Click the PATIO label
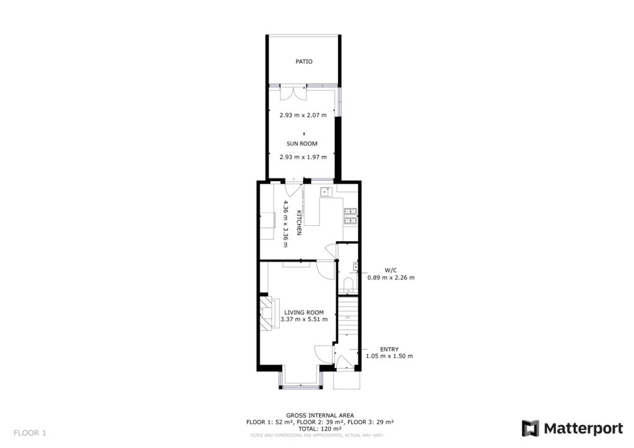coord(303,62)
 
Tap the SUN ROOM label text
coord(302,144)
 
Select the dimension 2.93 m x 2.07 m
coord(302,115)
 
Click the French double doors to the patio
coord(292,93)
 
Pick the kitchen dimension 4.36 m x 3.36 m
coord(285,223)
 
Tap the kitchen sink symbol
coord(324,192)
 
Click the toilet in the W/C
coord(348,285)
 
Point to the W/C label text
coord(391,270)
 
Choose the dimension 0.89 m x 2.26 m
coord(391,278)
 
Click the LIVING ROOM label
coord(303,312)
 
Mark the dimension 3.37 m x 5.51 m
coord(303,320)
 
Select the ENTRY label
coord(389,348)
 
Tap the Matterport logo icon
coord(530,428)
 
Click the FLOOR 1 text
coord(30,433)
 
